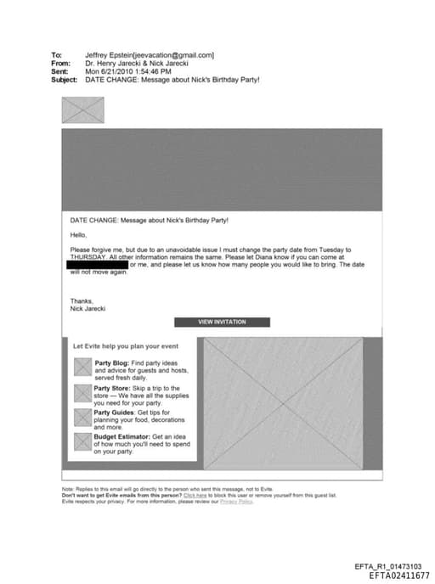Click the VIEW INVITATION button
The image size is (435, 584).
point(222,323)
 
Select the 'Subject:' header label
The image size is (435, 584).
point(65,81)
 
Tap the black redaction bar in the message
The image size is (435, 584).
point(97,265)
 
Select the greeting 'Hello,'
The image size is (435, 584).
point(78,234)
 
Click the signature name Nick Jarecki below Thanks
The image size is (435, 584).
point(88,309)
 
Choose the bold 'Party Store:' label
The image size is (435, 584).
point(112,388)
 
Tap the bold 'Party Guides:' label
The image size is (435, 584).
point(115,413)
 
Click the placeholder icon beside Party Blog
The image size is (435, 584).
point(82,368)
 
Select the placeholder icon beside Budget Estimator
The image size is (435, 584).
point(82,441)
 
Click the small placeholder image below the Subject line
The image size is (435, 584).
point(82,110)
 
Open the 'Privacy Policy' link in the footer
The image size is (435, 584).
point(236,502)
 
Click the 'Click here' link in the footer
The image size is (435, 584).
point(195,496)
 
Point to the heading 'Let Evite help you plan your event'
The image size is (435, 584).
point(125,346)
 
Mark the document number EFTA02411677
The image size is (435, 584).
point(398,576)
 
